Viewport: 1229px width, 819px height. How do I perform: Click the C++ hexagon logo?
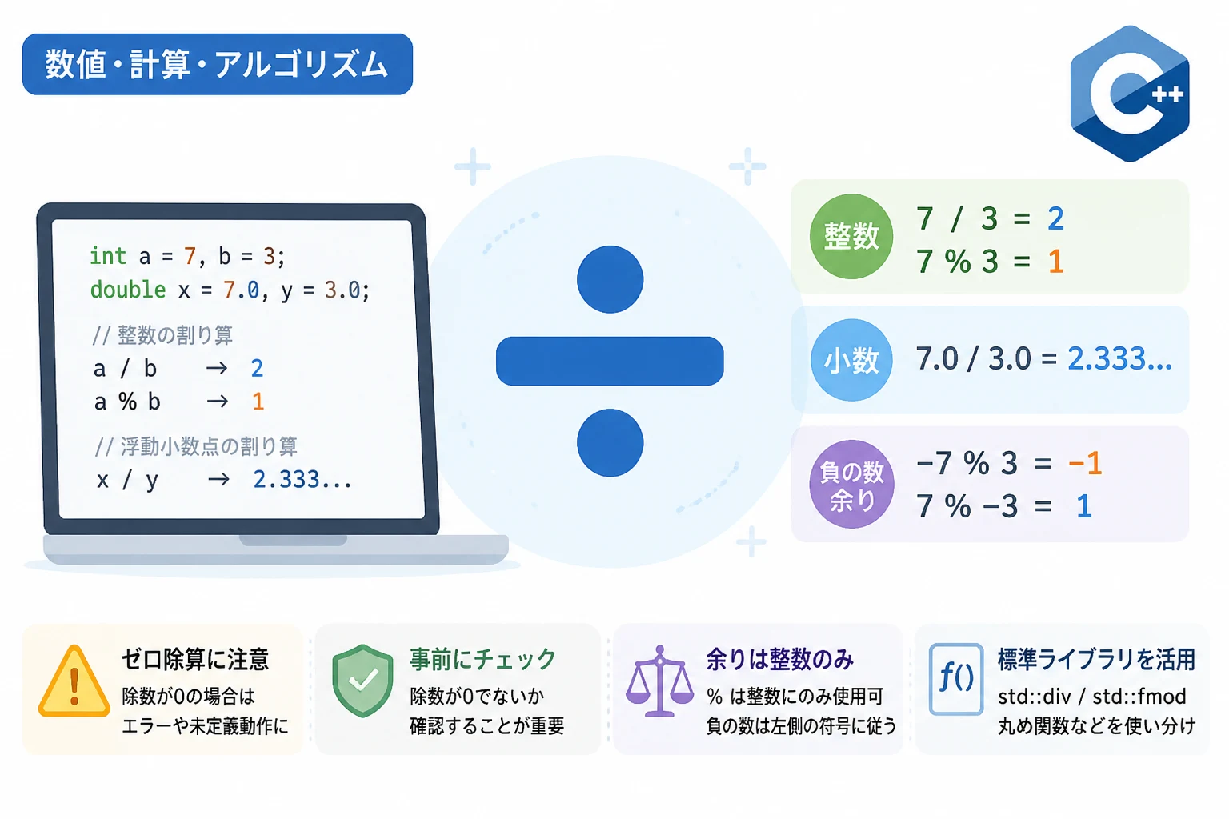(1130, 94)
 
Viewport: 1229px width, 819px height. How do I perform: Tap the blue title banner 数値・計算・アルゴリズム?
(218, 64)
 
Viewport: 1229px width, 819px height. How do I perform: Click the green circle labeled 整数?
(851, 237)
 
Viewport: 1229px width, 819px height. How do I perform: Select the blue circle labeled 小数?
(851, 360)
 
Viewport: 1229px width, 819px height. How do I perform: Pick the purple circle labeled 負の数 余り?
(851, 485)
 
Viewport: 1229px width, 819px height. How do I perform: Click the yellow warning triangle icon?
(74, 681)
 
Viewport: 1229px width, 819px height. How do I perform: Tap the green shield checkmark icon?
(362, 681)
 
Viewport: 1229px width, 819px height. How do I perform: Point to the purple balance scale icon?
(659, 681)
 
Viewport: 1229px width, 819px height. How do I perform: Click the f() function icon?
(956, 679)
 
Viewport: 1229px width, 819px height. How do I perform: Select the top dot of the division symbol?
(610, 279)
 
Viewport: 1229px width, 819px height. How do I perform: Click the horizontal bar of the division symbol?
(610, 361)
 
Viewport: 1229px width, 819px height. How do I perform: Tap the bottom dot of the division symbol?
(610, 442)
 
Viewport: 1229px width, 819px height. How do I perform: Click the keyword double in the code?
(128, 289)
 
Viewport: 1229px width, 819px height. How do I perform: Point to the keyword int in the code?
(108, 256)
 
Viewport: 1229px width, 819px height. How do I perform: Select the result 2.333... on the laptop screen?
(302, 479)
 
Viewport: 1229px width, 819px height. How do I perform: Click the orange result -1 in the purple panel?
(1085, 464)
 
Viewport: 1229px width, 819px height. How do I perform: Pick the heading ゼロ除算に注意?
(195, 659)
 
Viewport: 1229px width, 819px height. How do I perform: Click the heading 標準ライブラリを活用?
(1096, 659)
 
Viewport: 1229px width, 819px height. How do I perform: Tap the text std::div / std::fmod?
(1092, 697)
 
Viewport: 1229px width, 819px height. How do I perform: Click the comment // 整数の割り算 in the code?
(162, 334)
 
